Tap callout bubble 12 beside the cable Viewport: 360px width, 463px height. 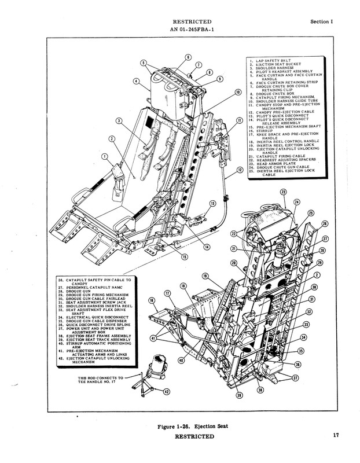click(240, 170)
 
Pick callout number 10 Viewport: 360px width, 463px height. click(237, 92)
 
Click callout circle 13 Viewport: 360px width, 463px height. click(212, 203)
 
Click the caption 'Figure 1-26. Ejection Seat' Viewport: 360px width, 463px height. click(192, 427)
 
